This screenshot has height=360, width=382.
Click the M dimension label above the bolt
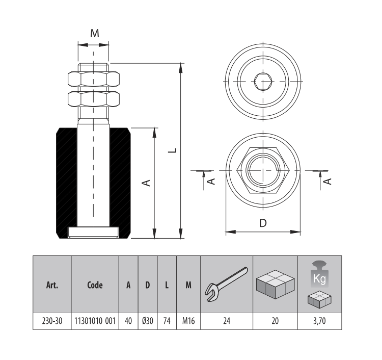tap(94, 33)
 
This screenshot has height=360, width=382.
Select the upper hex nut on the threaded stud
tap(94, 79)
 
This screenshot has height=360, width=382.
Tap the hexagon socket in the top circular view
tap(263, 80)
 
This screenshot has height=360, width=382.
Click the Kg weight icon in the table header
tap(319, 276)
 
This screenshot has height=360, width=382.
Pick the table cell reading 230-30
tap(52, 321)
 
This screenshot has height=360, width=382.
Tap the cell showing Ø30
tap(147, 321)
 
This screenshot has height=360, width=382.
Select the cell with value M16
tap(187, 321)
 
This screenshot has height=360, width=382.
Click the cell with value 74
tap(167, 321)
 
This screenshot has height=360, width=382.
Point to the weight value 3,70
tap(319, 321)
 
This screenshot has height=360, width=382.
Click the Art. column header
tap(52, 285)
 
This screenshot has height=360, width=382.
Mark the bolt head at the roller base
tap(94, 233)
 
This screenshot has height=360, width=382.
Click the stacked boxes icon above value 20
tap(275, 283)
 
